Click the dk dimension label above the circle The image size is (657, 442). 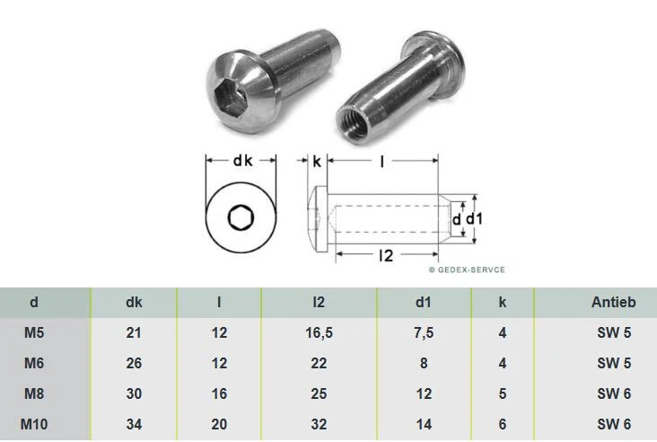pyautogui.click(x=242, y=161)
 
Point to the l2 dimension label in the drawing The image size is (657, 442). pyautogui.click(x=386, y=255)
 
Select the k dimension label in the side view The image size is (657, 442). pyautogui.click(x=317, y=161)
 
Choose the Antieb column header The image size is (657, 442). pyautogui.click(x=613, y=303)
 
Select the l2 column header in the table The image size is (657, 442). pyautogui.click(x=319, y=303)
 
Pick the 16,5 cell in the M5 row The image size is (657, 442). pyautogui.click(x=319, y=332)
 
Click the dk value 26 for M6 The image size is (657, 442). pyautogui.click(x=134, y=363)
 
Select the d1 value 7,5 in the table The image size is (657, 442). pyautogui.click(x=425, y=332)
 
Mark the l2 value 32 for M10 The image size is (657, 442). pyautogui.click(x=319, y=424)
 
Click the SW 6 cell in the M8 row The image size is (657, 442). pyautogui.click(x=613, y=393)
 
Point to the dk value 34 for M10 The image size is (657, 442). pyautogui.click(x=134, y=424)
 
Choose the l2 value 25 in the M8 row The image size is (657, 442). pyautogui.click(x=319, y=393)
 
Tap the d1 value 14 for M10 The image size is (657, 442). pyautogui.click(x=425, y=424)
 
